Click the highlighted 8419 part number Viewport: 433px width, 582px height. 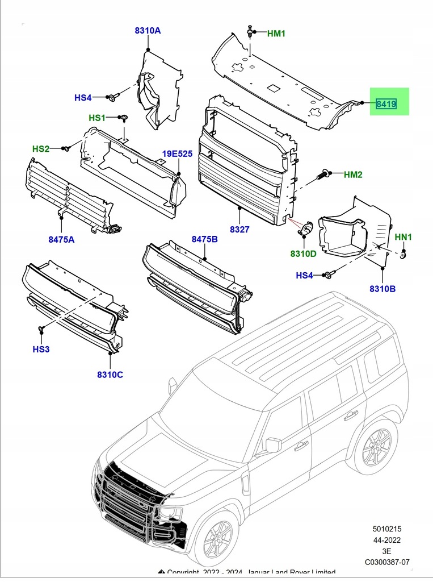click(386, 104)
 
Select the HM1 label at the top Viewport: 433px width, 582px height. click(276, 34)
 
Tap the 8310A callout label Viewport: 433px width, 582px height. click(148, 31)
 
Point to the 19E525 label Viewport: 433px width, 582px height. click(178, 154)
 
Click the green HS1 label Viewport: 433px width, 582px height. click(97, 118)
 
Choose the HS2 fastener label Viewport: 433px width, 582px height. click(41, 149)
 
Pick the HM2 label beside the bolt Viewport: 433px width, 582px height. click(353, 174)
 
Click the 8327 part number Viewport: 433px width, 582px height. click(239, 229)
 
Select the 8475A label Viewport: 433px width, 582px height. click(61, 240)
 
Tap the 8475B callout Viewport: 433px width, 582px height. click(204, 240)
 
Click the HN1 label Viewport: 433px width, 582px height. click(403, 236)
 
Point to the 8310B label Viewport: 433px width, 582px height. click(382, 289)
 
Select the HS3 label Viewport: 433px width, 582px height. click(41, 349)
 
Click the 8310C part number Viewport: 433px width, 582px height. click(110, 375)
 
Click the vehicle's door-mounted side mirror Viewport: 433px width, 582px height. click(273, 445)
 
